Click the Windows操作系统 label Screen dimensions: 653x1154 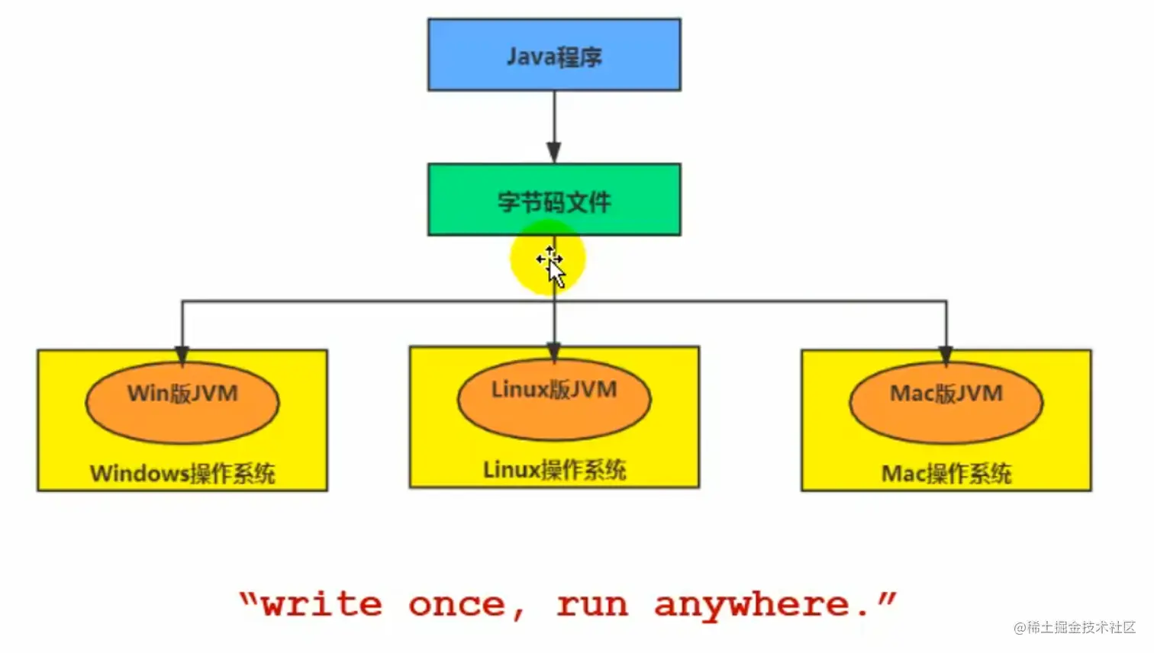[x=182, y=474]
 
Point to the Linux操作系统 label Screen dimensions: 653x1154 [x=554, y=470]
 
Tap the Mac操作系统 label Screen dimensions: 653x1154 [x=946, y=474]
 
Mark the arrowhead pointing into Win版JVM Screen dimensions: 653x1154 [x=182, y=355]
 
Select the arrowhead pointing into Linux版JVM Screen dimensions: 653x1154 [x=554, y=352]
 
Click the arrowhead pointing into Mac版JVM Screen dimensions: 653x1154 [x=946, y=355]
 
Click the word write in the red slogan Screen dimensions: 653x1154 [x=321, y=605]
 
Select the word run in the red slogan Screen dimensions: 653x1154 [x=592, y=605]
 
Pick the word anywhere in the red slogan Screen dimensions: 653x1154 [x=752, y=605]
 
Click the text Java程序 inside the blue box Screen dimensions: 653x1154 [x=554, y=56]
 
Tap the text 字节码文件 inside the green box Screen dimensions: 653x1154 [x=554, y=202]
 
